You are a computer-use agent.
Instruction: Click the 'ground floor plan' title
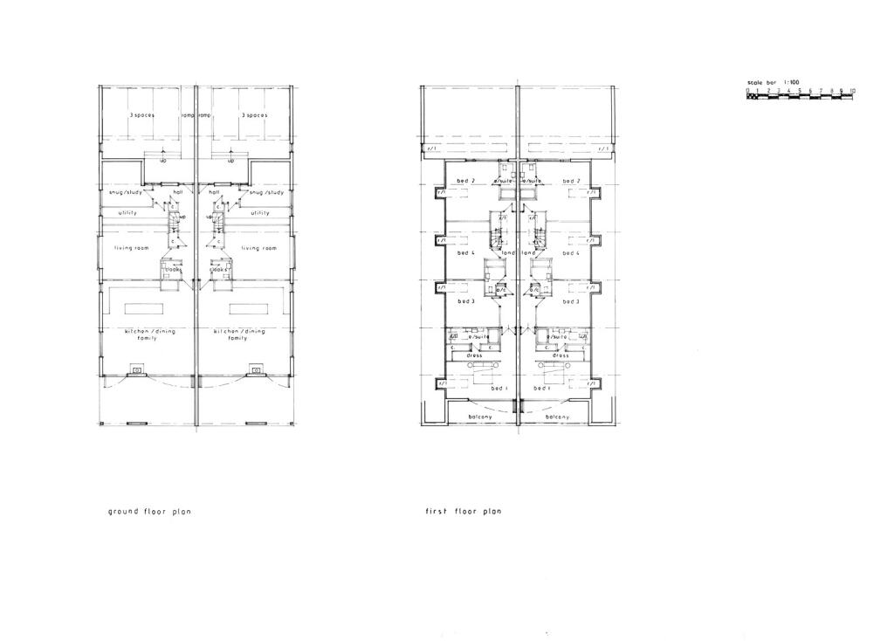(148, 512)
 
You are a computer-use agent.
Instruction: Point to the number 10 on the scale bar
(852, 91)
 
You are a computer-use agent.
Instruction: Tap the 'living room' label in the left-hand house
(133, 248)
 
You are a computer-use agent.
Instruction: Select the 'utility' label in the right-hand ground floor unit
(260, 212)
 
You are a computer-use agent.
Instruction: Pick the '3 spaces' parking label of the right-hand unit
(255, 115)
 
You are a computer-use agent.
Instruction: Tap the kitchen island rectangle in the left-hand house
(144, 308)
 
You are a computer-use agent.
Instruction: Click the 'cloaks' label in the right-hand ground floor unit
(218, 270)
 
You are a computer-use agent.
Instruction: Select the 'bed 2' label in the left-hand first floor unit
(466, 181)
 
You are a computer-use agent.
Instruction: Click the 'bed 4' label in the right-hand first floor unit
(571, 253)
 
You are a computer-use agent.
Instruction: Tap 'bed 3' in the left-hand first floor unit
(466, 301)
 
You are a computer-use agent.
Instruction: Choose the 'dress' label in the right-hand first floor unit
(560, 355)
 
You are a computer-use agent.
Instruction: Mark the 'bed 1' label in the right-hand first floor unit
(542, 388)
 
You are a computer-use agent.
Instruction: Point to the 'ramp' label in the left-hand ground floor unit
(187, 115)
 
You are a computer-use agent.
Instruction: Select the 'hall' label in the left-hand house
(178, 192)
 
